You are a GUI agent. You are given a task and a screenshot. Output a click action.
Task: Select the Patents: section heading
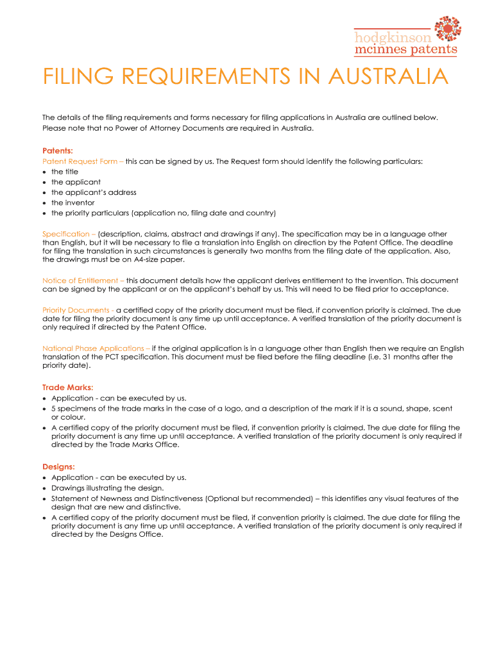[x=58, y=151]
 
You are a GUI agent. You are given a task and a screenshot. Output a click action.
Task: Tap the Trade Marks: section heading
[x=68, y=387]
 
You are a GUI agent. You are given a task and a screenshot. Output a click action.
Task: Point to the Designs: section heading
[x=58, y=467]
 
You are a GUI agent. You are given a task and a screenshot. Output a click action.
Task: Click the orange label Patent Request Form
[x=80, y=161]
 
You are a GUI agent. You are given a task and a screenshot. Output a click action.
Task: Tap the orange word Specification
[x=67, y=234]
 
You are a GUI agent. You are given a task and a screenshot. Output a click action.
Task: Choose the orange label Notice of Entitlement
[x=81, y=281]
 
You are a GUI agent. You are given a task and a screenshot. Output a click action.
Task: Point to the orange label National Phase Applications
[x=93, y=348]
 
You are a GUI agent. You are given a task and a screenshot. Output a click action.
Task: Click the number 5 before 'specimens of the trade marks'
[x=54, y=408]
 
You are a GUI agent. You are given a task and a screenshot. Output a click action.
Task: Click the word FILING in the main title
[x=75, y=78]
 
